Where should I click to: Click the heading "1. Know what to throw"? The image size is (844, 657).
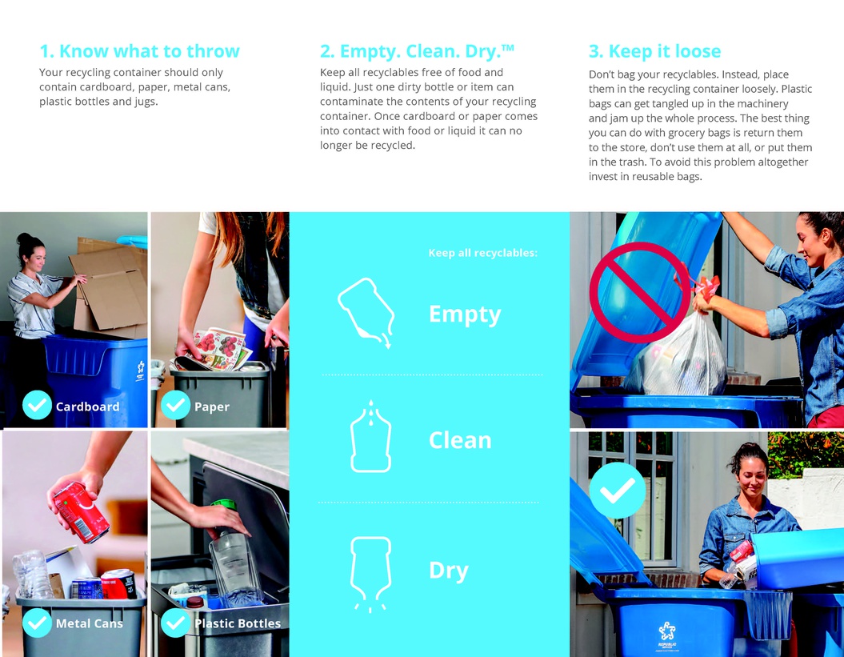(139, 51)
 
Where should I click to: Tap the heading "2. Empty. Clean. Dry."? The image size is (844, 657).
(417, 51)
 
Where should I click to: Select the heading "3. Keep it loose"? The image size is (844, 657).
(654, 51)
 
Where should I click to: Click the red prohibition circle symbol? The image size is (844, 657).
(640, 292)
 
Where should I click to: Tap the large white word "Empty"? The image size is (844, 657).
(465, 314)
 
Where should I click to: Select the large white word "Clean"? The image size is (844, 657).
(460, 440)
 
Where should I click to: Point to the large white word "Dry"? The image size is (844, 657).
(448, 571)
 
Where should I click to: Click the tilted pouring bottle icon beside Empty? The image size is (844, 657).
(366, 312)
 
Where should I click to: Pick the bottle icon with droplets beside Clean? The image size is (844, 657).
(370, 436)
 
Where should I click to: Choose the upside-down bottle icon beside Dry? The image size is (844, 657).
(370, 574)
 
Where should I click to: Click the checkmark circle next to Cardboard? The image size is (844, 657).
(37, 405)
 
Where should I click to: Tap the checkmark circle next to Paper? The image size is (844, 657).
(175, 405)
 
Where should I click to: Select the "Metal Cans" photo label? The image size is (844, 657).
(90, 623)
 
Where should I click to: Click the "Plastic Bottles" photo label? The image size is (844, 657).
(238, 623)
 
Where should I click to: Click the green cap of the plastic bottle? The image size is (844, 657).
(224, 505)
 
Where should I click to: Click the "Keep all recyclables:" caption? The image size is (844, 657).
(483, 253)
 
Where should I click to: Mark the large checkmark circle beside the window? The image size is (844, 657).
(617, 491)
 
